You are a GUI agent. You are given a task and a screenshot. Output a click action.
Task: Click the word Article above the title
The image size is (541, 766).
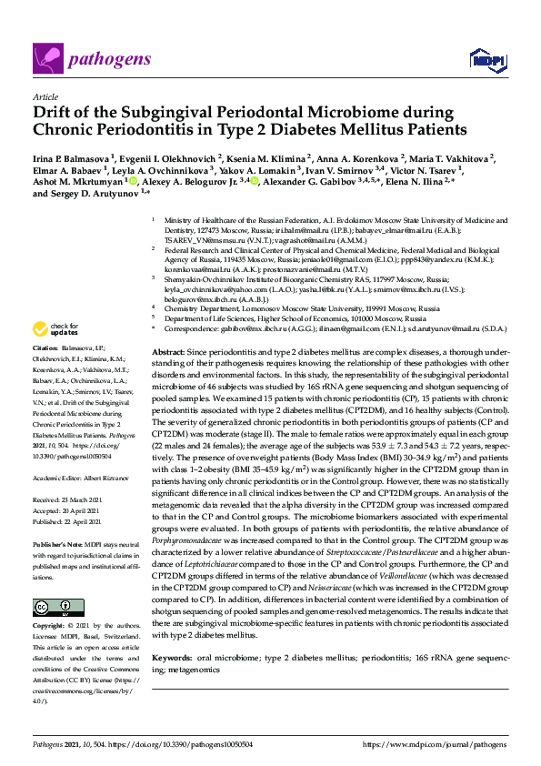(x=45, y=96)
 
